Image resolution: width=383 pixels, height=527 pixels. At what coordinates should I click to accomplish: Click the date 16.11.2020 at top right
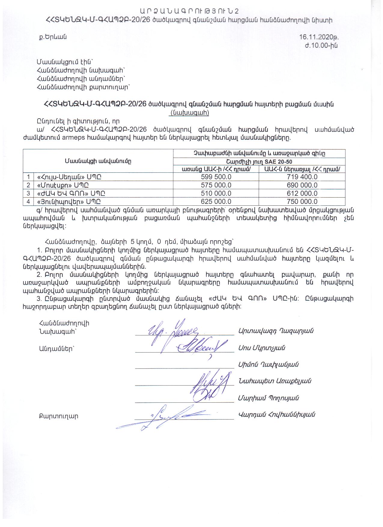pos(319,37)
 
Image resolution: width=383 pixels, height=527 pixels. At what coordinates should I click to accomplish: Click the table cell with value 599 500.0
pos(216,177)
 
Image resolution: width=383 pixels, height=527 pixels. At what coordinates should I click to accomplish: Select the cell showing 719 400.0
pos(302,177)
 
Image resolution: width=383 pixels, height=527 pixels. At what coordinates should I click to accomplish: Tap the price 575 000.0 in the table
pos(216,185)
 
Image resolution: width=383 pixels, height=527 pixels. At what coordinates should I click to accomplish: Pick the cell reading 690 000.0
pos(302,185)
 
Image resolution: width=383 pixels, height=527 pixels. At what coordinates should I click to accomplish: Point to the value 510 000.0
pos(216,193)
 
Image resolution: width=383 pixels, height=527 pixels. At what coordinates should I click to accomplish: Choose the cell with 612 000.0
pos(302,193)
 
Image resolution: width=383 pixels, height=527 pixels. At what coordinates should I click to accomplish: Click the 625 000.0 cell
pos(216,201)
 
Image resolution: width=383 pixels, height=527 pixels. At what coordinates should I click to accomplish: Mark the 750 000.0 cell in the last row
pos(302,201)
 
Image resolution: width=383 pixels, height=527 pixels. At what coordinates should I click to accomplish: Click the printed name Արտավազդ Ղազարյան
pos(276,331)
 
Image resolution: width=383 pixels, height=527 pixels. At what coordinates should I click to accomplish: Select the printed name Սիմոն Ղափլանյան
pos(268,365)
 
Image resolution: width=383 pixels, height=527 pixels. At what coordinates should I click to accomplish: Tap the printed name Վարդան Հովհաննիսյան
pos(276,415)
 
